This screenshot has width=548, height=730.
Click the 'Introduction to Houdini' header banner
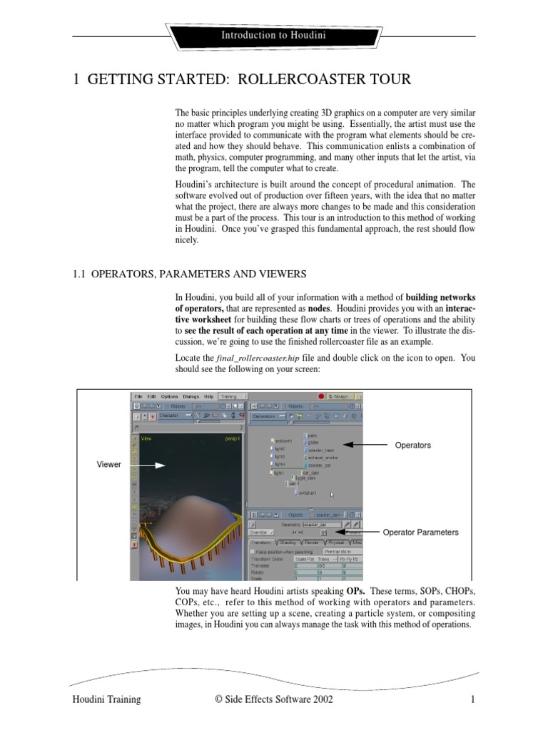point(273,35)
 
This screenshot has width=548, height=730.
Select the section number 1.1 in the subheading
point(81,274)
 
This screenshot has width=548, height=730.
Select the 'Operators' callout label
point(412,445)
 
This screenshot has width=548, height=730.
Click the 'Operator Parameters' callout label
point(420,533)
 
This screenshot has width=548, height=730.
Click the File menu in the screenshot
point(138,396)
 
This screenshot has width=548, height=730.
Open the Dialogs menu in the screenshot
point(191,396)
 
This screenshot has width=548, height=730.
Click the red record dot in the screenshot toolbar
point(322,396)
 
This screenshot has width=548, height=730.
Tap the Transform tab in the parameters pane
point(260,543)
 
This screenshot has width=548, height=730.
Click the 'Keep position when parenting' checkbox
point(252,551)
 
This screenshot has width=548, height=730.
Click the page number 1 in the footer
point(472,700)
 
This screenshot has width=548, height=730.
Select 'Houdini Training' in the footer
point(106,700)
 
